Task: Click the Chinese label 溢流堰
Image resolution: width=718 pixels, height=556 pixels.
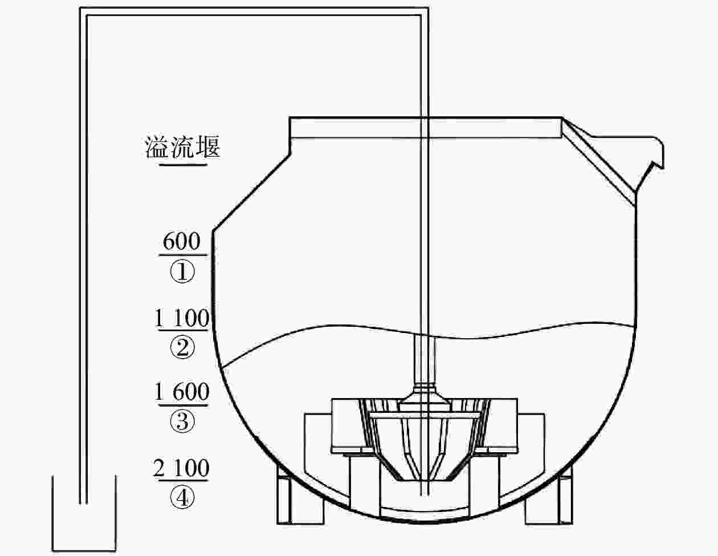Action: pos(182,147)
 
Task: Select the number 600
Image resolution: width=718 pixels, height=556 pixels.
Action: pos(181,241)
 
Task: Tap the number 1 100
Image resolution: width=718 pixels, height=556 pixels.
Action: pos(182,318)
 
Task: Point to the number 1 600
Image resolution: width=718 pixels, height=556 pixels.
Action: pos(182,392)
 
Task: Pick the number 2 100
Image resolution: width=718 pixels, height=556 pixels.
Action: pos(181,468)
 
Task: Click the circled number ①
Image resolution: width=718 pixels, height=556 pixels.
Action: pos(182,271)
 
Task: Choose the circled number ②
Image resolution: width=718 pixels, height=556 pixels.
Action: pos(182,347)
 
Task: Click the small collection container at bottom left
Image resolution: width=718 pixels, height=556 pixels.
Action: pos(84,551)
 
